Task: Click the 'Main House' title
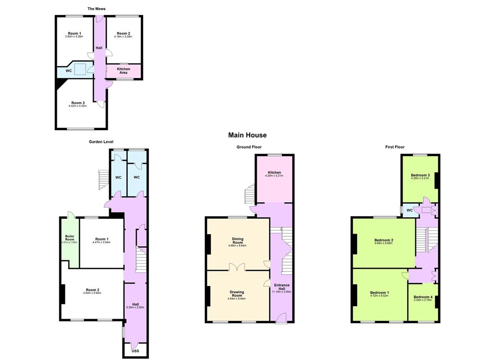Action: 247,135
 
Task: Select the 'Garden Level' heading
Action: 101,142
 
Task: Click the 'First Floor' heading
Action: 395,147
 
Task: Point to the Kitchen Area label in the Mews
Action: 124,71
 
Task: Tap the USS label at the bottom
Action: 135,351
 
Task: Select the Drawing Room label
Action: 237,294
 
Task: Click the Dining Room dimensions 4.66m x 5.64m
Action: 237,245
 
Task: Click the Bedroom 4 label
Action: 423,297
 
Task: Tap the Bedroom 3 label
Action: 420,175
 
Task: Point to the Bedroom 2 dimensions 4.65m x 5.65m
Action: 384,243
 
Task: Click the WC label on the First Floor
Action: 410,210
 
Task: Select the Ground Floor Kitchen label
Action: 274,172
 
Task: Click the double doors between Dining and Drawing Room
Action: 237,268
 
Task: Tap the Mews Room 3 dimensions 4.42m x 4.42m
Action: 78,106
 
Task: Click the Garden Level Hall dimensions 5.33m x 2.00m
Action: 135,307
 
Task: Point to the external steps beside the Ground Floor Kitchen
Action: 250,194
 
